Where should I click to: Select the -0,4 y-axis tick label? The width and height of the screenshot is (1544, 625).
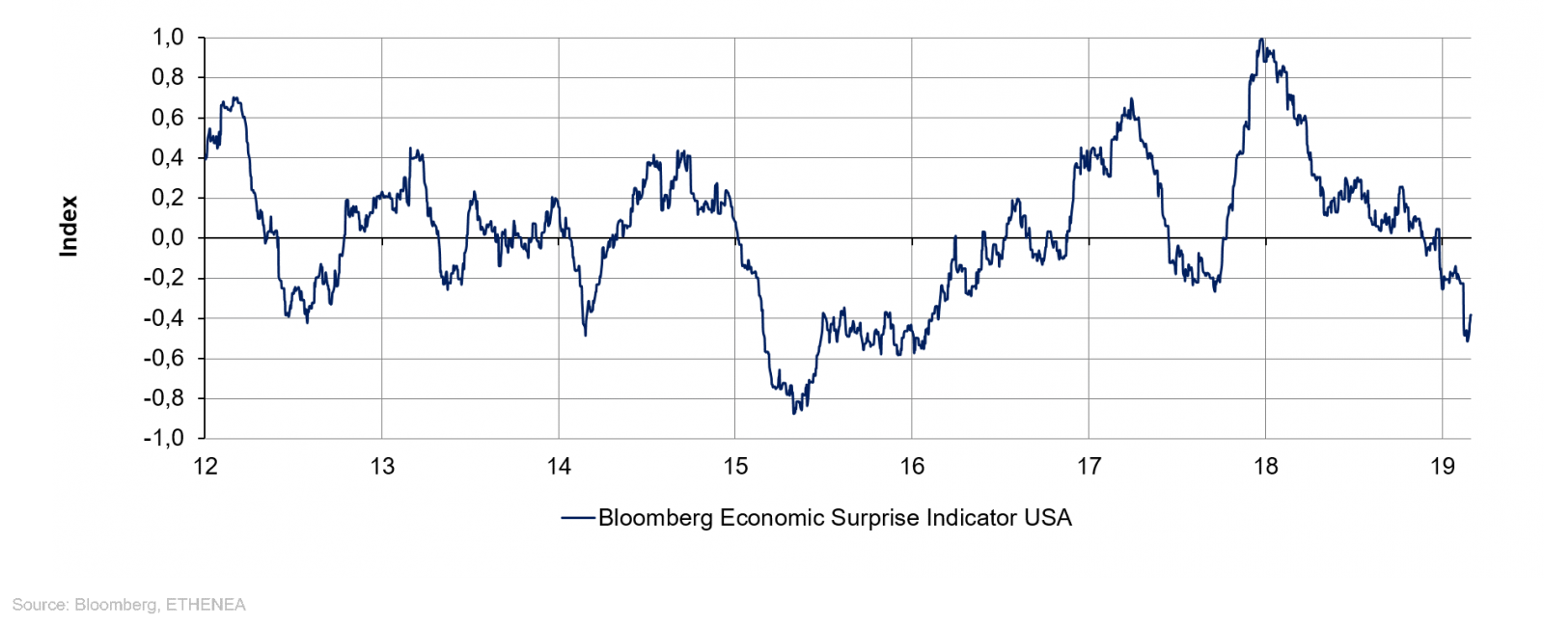(164, 317)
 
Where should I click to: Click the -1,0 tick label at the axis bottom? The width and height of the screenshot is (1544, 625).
(164, 438)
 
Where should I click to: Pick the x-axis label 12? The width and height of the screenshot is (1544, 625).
(206, 467)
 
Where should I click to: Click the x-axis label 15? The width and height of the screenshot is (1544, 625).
(735, 467)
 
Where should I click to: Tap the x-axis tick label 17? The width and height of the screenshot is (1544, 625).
(1089, 467)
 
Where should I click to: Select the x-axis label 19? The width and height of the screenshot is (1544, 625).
(1442, 467)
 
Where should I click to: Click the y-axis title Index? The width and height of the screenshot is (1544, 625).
(69, 227)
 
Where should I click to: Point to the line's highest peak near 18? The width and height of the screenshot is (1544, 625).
(1261, 40)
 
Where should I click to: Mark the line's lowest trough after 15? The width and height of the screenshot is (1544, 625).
(794, 413)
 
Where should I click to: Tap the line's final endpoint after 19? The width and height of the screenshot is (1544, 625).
(1471, 314)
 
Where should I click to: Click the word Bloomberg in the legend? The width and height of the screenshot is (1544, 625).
(655, 518)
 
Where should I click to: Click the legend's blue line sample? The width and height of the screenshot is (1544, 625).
(577, 518)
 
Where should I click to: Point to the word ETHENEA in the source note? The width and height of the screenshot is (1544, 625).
(207, 605)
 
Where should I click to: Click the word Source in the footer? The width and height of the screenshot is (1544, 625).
(38, 605)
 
